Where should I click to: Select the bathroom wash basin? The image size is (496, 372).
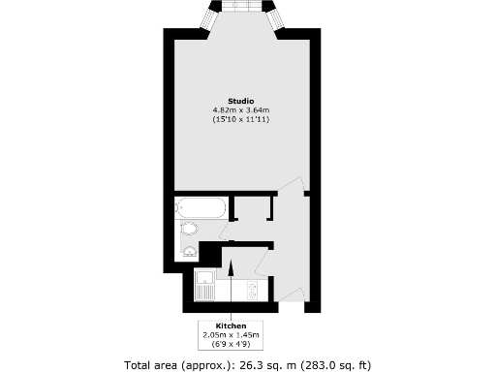(x=190, y=253)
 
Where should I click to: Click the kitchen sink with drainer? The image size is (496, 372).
(x=204, y=286)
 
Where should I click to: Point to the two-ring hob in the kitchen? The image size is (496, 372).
(x=252, y=288)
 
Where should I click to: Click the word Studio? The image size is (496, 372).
(x=241, y=102)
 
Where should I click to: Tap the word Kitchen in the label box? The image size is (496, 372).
(x=231, y=325)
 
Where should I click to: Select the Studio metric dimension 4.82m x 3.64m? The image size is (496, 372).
(x=241, y=110)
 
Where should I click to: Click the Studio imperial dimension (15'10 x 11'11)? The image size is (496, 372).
(x=241, y=119)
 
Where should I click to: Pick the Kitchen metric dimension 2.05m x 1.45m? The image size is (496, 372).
(x=231, y=334)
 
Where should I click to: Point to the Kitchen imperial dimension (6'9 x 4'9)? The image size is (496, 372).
(x=231, y=343)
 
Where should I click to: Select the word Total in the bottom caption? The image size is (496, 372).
(x=138, y=365)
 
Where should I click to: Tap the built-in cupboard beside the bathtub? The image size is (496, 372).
(x=253, y=211)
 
